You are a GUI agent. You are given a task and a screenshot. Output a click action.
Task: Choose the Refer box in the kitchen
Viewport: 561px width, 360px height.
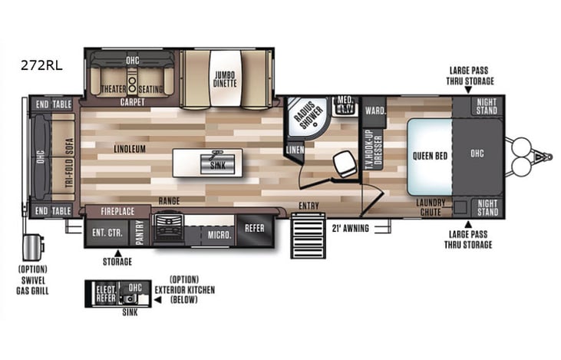click(255, 228)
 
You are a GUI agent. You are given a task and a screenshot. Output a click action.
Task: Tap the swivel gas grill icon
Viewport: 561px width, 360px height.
click(33, 248)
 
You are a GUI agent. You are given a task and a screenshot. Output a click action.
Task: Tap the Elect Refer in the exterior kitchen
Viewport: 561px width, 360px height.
click(104, 294)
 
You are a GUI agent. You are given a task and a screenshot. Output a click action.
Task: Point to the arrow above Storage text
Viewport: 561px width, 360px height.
click(118, 252)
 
